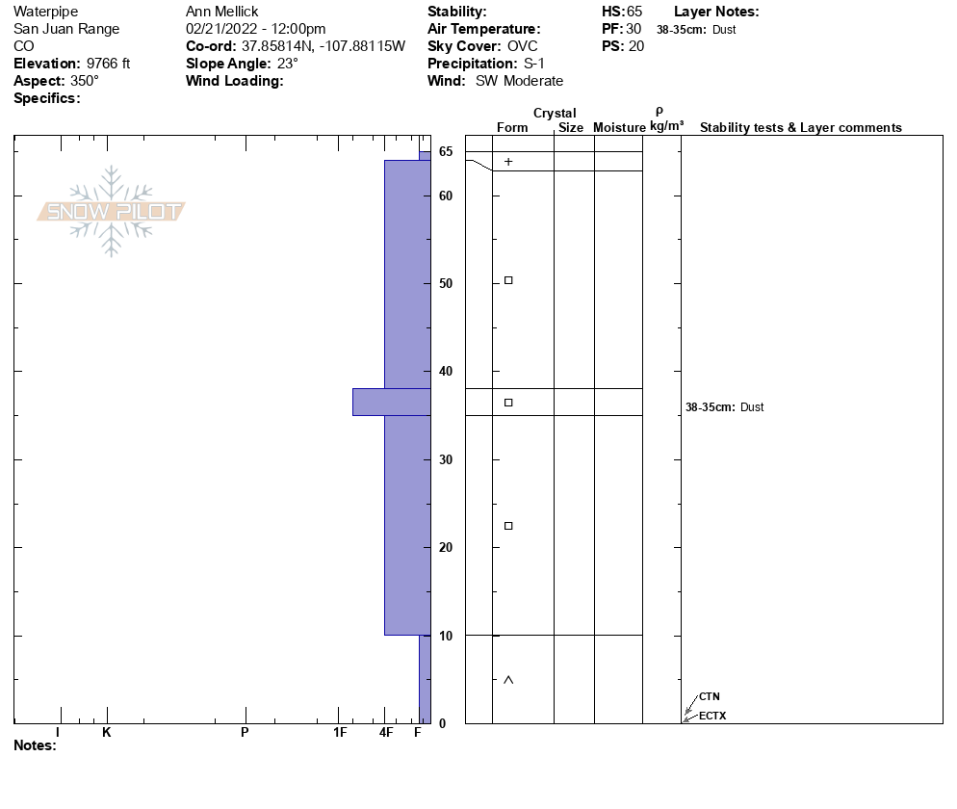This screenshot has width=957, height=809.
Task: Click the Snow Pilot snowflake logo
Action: pos(111,211)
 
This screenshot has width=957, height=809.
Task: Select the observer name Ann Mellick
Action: pos(222,12)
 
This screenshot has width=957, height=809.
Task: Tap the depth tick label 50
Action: pos(446,284)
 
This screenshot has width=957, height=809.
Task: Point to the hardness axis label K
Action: pos(106,732)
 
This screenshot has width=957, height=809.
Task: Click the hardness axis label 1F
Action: pos(340,732)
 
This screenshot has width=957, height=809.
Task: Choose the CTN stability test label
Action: pos(710,696)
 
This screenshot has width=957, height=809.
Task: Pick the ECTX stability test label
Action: pos(712,716)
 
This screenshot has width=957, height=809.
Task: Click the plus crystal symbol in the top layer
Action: pos(508,162)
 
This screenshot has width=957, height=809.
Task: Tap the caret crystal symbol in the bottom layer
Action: pos(508,680)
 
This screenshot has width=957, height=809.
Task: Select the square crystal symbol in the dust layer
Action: pos(508,403)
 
